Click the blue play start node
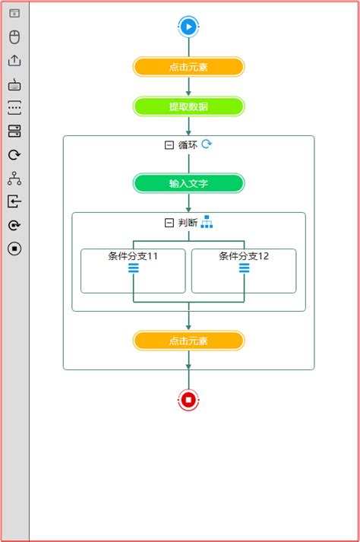tap(188, 27)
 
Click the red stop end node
tap(188, 399)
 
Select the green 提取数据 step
tap(188, 106)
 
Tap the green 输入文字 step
tap(188, 183)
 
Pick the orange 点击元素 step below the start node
tap(188, 67)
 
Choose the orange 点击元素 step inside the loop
tap(188, 341)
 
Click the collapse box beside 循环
tap(169, 145)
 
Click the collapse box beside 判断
tap(169, 223)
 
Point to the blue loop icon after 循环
tap(207, 144)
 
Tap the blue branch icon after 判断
tap(207, 222)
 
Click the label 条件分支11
tap(133, 256)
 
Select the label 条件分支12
tap(244, 256)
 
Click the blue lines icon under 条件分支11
tap(133, 268)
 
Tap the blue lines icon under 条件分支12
tap(244, 268)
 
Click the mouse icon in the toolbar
tap(14, 37)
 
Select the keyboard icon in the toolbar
tap(14, 84)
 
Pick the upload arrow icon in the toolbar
tap(14, 61)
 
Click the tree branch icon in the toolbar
tap(14, 179)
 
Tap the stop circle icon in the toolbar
tap(14, 249)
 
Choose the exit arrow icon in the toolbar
tap(14, 201)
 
